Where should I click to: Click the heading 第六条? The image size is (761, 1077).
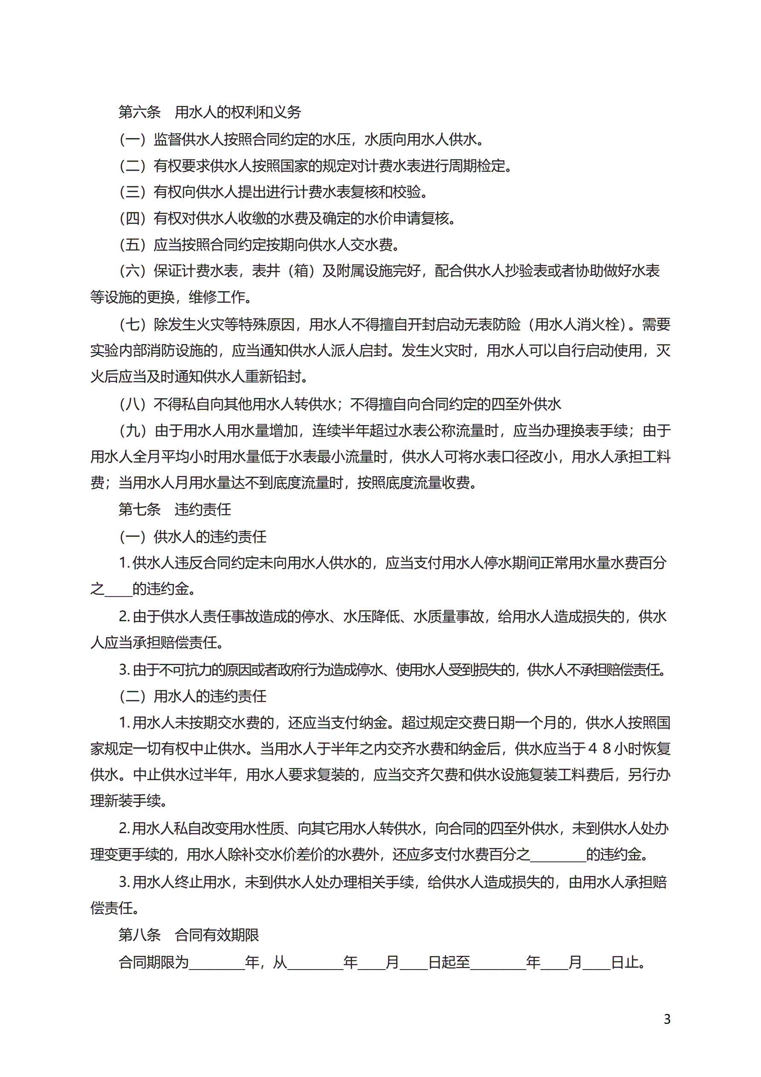139,112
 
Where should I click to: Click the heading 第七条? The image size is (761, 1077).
139,510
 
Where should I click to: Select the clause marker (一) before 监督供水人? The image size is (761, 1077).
132,139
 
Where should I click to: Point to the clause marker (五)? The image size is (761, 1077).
132,245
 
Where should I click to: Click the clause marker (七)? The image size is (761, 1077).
132,324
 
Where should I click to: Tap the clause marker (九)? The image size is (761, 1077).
132,431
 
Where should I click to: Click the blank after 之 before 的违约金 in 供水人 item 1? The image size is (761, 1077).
118,590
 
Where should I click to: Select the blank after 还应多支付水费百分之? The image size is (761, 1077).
557,855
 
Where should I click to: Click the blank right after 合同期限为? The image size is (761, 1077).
217,963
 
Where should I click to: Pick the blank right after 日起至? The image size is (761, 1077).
498,963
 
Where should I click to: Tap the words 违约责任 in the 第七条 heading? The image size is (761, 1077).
203,510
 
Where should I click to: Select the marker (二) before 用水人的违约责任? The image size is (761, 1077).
132,696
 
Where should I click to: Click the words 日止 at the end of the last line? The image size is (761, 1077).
625,963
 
